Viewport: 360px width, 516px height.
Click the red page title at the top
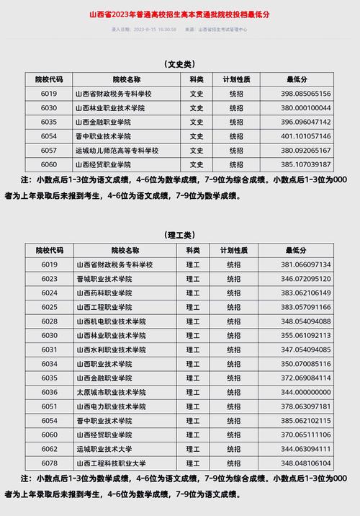click(x=180, y=14)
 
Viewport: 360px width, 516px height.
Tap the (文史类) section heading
click(x=179, y=64)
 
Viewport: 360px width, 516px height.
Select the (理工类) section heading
click(x=179, y=235)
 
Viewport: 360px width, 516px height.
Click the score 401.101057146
click(x=306, y=136)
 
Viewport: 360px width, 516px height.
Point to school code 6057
click(x=49, y=151)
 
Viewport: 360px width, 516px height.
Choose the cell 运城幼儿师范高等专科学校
click(x=116, y=151)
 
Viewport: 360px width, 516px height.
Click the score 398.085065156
click(x=306, y=94)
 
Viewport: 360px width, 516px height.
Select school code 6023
click(x=49, y=279)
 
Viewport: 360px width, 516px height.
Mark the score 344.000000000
click(x=306, y=392)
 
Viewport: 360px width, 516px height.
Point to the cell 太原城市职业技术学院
click(x=111, y=392)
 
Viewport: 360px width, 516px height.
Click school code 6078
click(x=49, y=463)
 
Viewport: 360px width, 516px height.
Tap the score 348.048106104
click(x=306, y=463)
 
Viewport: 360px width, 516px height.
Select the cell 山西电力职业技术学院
click(x=111, y=406)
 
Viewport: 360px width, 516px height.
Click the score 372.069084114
click(x=306, y=378)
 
